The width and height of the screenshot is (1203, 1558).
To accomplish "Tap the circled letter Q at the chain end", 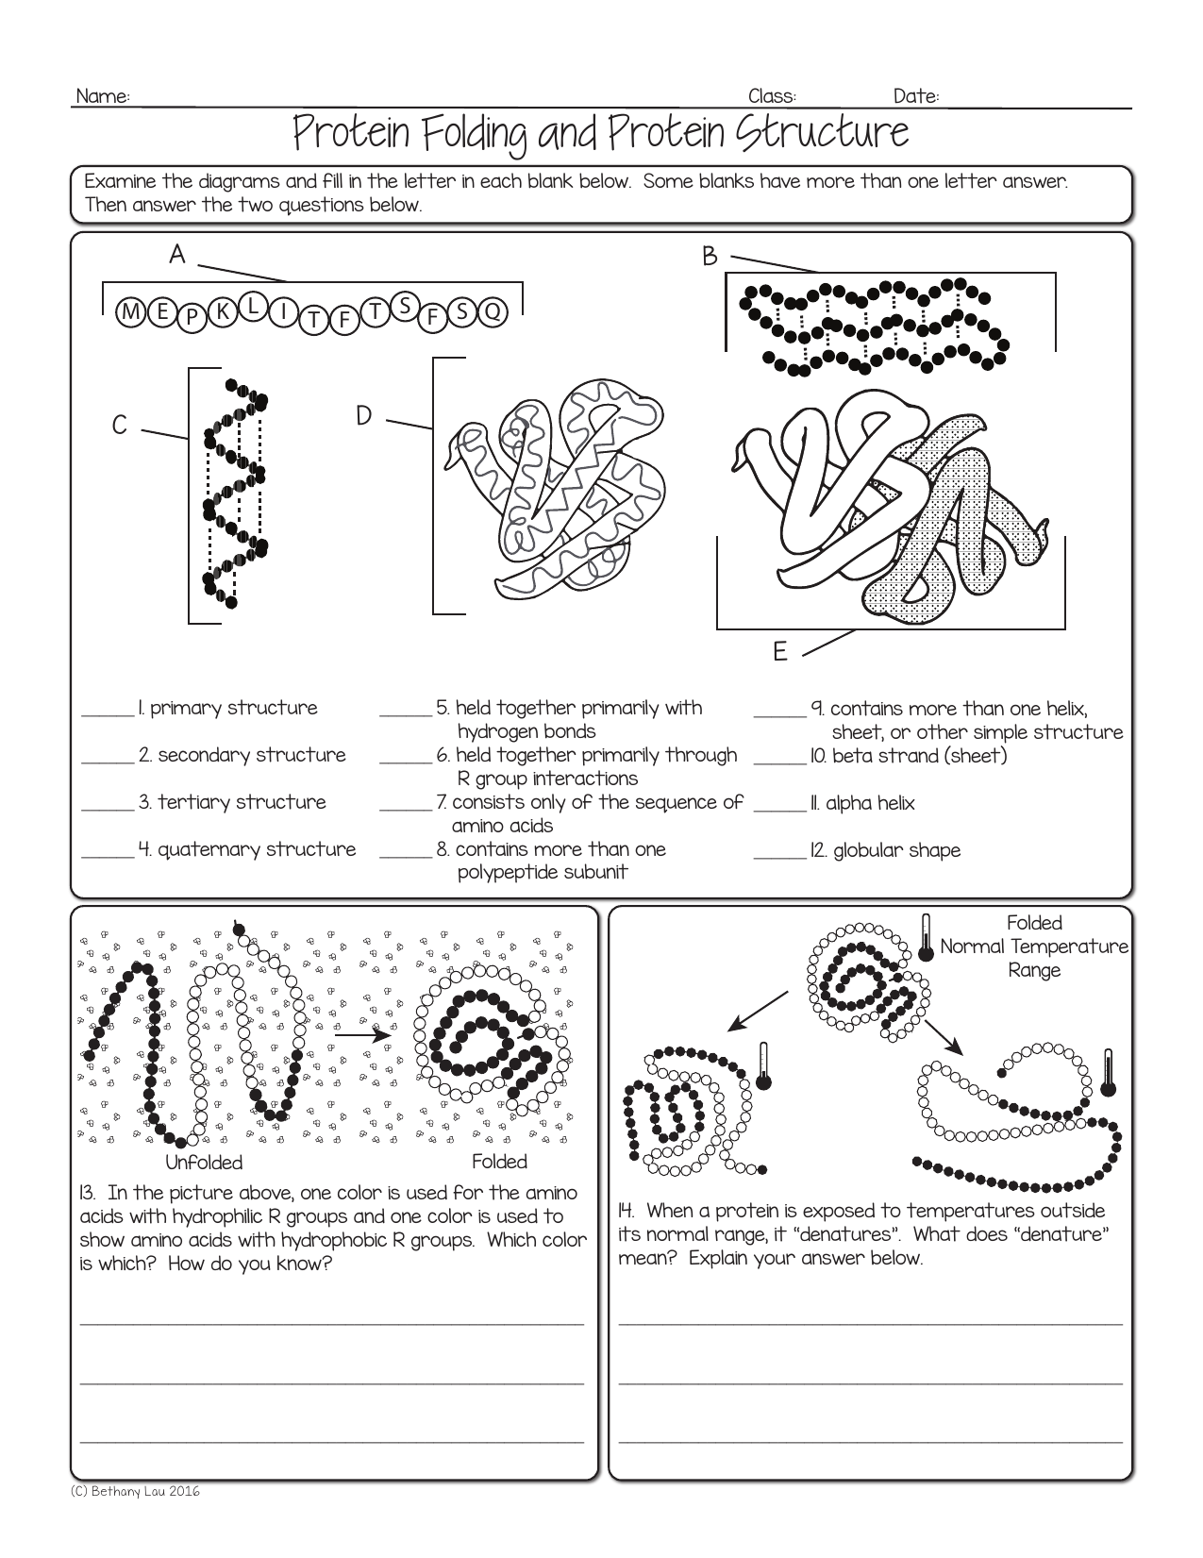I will tap(493, 311).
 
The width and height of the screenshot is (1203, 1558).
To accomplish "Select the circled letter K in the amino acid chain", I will tap(223, 310).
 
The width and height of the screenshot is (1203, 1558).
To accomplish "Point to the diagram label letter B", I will tap(710, 256).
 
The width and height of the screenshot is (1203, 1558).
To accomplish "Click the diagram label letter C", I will tap(120, 427).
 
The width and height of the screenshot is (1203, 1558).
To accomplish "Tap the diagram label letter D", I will tap(364, 416).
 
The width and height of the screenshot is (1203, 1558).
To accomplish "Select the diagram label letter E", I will tap(779, 652).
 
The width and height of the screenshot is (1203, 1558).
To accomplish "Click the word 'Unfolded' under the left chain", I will tap(204, 1163).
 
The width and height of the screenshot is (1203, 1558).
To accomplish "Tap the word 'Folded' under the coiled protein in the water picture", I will tap(499, 1162).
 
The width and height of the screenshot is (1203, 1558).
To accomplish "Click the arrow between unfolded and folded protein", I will tap(363, 1035).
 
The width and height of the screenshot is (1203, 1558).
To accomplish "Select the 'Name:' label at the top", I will tap(102, 97).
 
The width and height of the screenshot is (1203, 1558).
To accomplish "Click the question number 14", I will tap(627, 1211).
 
